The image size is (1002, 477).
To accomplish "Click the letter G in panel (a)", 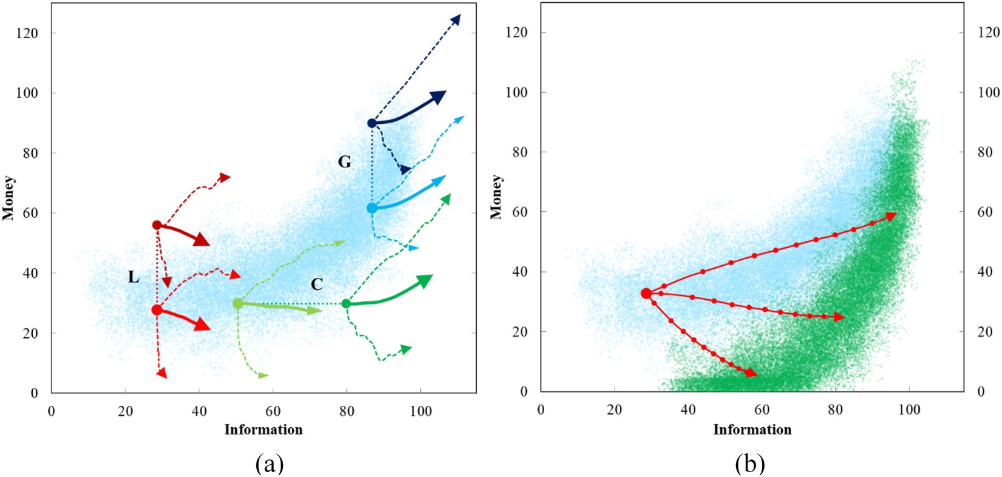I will [344, 162].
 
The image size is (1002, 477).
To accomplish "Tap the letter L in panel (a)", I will [134, 278].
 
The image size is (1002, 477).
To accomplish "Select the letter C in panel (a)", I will [316, 284].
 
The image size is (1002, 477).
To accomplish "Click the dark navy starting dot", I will [372, 123].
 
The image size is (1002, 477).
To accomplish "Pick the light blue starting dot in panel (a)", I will [372, 208].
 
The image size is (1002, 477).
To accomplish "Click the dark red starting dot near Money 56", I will [157, 225].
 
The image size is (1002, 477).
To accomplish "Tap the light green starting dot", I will [237, 303].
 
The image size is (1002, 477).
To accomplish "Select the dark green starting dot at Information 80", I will [346, 303].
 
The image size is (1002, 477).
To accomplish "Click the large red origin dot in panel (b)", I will [646, 294].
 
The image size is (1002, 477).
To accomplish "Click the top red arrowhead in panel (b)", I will [891, 216].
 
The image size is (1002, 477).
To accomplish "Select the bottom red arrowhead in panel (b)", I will [751, 373].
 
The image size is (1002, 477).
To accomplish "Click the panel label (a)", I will [270, 464].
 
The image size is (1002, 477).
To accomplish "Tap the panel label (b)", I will [751, 464].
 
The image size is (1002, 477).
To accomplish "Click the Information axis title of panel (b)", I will [752, 430].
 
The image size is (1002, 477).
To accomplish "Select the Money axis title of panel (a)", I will [9, 198].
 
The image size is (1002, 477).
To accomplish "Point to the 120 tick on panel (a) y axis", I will [27, 33].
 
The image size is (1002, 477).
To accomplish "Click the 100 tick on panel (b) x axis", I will [909, 410].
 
